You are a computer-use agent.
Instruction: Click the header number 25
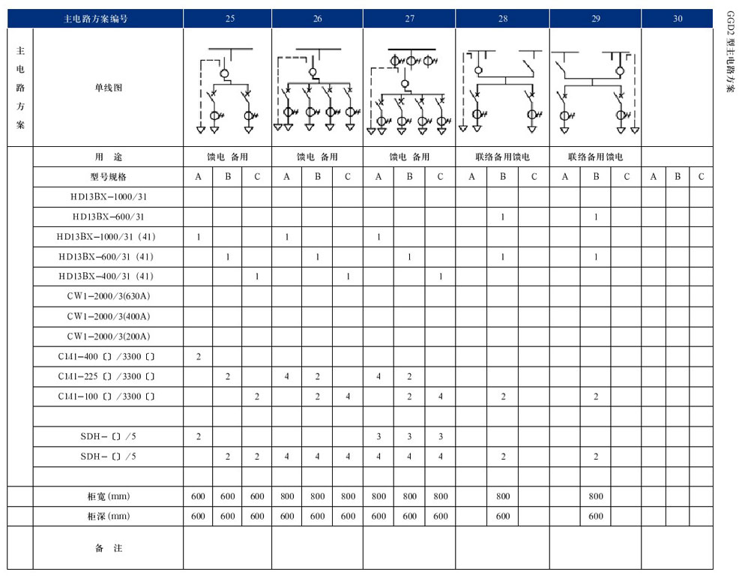tap(229, 19)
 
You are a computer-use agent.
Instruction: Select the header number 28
tap(502, 19)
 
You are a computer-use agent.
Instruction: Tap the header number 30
tap(677, 19)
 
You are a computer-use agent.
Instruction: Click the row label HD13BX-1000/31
tap(109, 197)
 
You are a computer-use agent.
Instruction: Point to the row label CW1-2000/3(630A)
tap(109, 296)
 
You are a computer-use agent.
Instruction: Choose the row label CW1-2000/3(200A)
tap(109, 336)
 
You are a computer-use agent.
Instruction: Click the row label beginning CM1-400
tap(109, 355)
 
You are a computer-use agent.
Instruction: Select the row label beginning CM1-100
tap(109, 396)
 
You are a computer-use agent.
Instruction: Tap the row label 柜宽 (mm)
tap(109, 496)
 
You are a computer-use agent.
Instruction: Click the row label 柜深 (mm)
tap(109, 516)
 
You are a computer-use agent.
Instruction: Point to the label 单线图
tap(109, 88)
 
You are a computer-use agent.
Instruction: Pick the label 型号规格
tap(109, 177)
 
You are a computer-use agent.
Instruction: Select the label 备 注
tap(109, 548)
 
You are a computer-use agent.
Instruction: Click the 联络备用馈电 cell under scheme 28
tap(502, 157)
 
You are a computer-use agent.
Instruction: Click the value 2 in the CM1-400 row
tap(199, 356)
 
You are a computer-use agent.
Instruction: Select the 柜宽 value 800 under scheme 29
tap(596, 496)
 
